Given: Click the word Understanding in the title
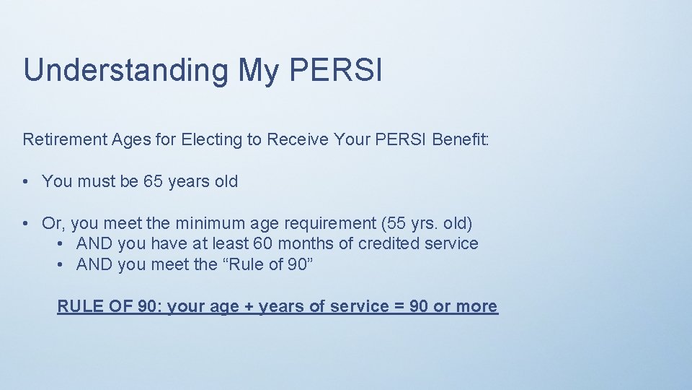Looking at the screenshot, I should click(x=125, y=71).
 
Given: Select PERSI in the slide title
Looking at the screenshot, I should click(x=335, y=71).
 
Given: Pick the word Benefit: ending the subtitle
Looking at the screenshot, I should click(x=461, y=139).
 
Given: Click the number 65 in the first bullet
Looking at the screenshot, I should click(x=153, y=181).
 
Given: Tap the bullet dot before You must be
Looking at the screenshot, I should click(x=27, y=181).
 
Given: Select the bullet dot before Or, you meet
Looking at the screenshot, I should click(x=27, y=224).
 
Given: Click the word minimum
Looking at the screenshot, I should click(x=210, y=223).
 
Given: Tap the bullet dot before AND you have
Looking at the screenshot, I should click(x=61, y=244).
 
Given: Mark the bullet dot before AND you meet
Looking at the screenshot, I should click(x=61, y=265).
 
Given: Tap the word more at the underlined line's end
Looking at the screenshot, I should click(x=476, y=306).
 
